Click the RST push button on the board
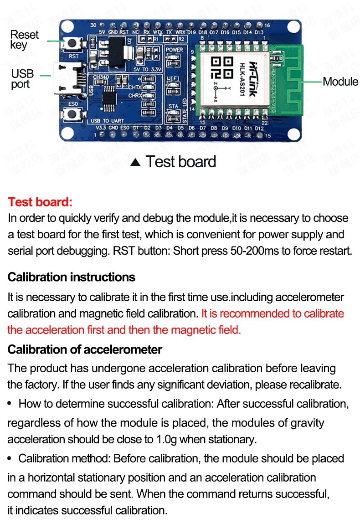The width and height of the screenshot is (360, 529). click(x=73, y=44)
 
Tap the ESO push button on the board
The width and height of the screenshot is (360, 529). click(x=73, y=115)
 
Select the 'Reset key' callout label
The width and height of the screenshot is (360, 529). click(x=24, y=40)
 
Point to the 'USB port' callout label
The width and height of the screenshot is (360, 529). click(x=22, y=79)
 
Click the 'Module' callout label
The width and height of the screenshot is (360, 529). click(x=340, y=82)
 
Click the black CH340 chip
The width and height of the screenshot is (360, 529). click(x=109, y=98)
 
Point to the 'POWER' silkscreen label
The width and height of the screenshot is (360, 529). click(x=174, y=50)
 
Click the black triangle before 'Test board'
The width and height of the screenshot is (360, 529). click(x=135, y=163)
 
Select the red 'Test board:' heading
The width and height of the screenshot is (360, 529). click(x=40, y=202)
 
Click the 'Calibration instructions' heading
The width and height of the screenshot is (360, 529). click(x=72, y=277)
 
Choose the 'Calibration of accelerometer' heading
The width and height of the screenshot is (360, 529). click(x=85, y=349)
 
